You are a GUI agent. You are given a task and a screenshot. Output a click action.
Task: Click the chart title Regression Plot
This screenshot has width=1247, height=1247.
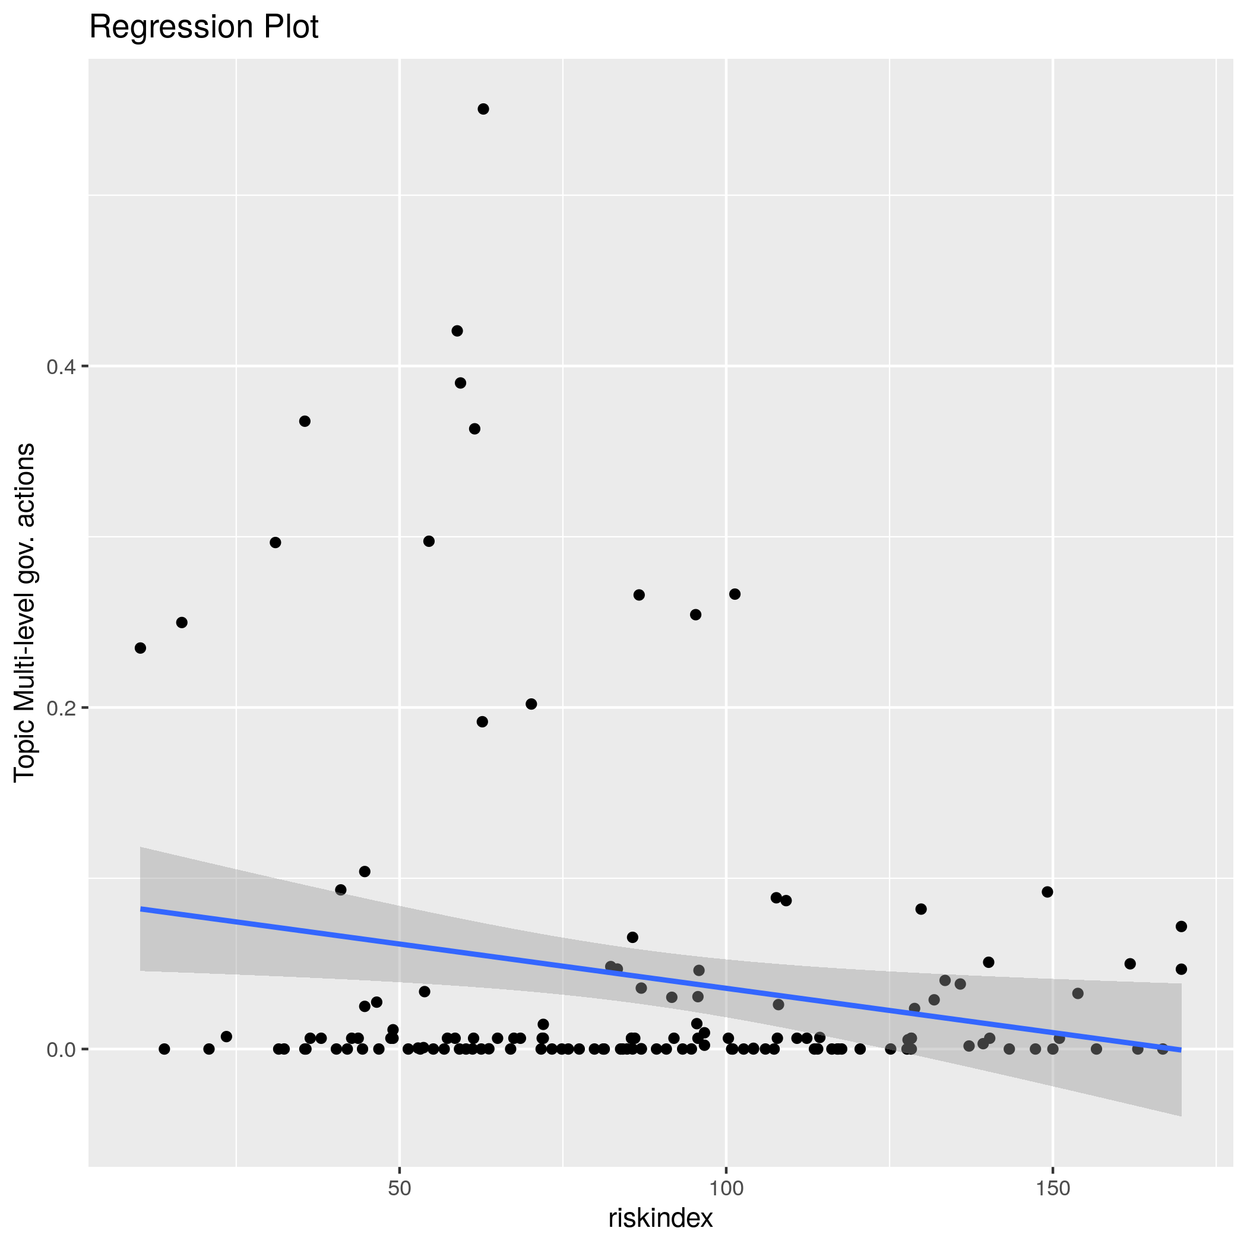pos(203,28)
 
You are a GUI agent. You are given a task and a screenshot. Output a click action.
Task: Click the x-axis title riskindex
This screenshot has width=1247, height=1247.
pos(660,1218)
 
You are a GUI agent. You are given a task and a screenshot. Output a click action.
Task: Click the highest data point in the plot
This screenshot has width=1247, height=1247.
pos(483,109)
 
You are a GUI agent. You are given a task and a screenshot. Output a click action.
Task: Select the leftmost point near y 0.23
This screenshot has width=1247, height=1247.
pos(140,648)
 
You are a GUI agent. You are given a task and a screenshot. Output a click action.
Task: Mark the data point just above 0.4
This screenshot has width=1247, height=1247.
pos(457,331)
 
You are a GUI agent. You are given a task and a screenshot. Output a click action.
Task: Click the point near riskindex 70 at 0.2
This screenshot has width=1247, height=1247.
pos(531,704)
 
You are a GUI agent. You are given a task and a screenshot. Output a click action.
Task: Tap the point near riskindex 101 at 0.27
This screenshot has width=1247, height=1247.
pos(735,594)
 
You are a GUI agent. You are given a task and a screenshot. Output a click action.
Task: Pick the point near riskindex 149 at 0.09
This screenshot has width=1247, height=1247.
pos(1047,892)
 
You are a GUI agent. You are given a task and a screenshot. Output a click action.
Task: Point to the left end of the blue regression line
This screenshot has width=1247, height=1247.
pos(141,909)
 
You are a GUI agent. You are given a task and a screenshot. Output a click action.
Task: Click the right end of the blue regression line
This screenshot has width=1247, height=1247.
pos(1180,1049)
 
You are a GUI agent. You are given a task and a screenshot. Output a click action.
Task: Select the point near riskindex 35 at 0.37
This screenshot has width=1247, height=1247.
pos(305,422)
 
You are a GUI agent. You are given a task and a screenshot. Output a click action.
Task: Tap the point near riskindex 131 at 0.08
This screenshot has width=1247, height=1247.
pos(921,909)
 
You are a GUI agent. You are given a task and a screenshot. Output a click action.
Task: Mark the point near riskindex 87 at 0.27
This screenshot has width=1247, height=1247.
pos(639,595)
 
